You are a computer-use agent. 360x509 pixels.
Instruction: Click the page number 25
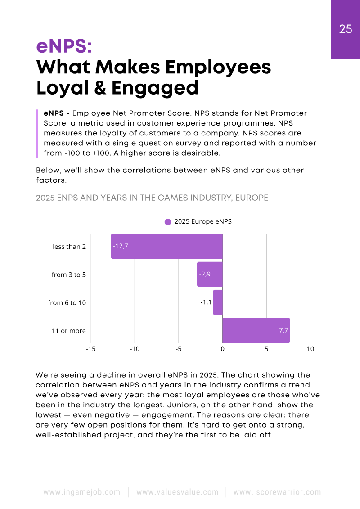[346, 29]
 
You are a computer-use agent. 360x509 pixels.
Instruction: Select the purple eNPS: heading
[63, 46]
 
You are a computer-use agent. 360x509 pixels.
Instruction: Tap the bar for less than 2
[167, 246]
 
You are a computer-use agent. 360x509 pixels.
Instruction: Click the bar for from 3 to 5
[210, 274]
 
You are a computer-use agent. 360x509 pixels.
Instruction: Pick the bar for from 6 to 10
[218, 302]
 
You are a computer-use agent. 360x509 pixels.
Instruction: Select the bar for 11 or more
[256, 330]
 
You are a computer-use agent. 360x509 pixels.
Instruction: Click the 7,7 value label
[283, 330]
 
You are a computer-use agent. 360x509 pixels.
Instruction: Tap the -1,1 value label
[206, 302]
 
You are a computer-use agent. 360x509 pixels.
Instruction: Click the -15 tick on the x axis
[90, 349]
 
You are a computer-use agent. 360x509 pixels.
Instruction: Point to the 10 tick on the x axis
[310, 349]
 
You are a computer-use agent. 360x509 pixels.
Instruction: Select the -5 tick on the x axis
[179, 349]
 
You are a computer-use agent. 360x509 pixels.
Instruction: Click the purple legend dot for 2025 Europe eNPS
[168, 222]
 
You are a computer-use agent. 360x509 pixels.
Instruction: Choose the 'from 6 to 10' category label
[67, 303]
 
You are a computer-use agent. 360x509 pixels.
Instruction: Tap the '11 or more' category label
[68, 331]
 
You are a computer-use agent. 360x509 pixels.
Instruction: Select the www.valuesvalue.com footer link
[177, 492]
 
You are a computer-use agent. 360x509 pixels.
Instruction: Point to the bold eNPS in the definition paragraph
[54, 113]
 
